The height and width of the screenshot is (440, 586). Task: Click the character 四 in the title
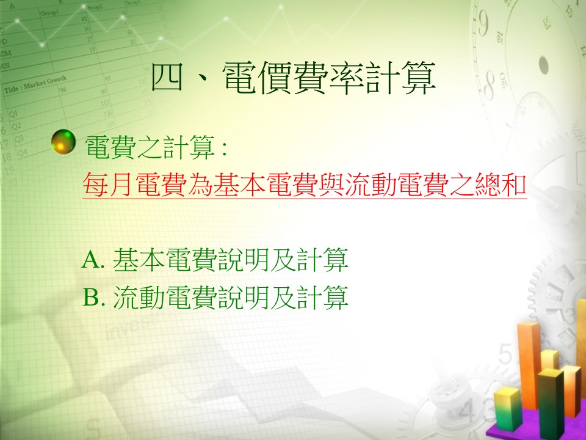168,78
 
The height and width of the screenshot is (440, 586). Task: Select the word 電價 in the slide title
258,78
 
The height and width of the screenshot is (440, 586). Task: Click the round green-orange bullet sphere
63,142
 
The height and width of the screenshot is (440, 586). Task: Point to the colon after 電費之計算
223,148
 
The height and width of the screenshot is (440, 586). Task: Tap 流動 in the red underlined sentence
371,185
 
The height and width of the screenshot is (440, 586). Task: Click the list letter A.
91,259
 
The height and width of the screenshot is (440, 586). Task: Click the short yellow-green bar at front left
507,409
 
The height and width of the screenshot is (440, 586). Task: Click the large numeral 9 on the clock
482,24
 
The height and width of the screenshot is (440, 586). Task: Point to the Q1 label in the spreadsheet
13,114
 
